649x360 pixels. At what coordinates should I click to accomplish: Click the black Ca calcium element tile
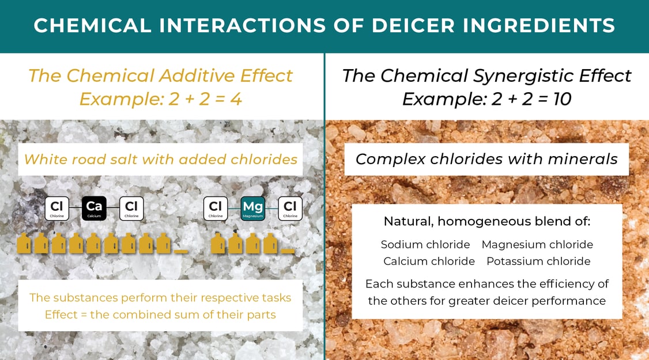[x=94, y=209]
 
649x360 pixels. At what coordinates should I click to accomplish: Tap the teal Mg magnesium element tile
[x=252, y=209]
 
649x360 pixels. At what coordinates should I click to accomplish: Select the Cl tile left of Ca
[x=56, y=209]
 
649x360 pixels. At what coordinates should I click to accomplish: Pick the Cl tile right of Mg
[x=290, y=209]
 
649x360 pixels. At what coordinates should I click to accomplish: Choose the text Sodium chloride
[x=425, y=245]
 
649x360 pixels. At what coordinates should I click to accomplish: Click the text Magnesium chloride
[x=537, y=245]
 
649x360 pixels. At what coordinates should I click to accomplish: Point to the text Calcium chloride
[x=429, y=262]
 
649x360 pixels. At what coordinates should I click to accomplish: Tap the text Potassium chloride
[x=538, y=262]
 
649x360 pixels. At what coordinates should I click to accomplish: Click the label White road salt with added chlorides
[x=161, y=158]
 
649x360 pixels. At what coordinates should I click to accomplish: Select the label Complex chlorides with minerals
[x=486, y=159]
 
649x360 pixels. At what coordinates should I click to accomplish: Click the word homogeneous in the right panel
[x=492, y=222]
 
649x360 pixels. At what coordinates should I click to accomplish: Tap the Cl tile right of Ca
[x=131, y=209]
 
